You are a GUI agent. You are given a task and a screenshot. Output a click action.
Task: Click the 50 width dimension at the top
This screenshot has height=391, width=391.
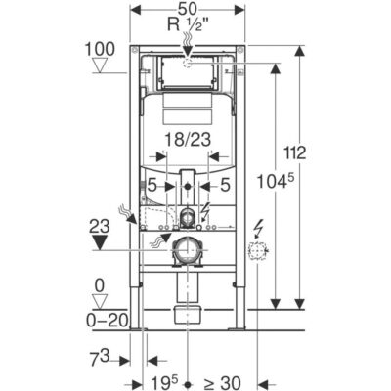coord(188,9)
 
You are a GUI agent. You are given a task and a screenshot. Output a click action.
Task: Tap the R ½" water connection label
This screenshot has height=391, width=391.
coord(188,24)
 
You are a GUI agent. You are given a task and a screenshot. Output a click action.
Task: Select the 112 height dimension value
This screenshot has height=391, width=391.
coord(295,152)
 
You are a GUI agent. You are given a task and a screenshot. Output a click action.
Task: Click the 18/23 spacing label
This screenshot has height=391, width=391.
coord(188,140)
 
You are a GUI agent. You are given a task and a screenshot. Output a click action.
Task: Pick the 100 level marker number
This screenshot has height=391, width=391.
coord(100,49)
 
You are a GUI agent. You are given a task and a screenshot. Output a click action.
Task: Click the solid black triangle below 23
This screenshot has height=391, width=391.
coord(101,242)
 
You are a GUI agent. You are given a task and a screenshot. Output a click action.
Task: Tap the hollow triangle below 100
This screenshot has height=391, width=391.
coord(100,65)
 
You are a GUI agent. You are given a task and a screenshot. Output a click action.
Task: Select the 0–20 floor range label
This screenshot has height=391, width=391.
coord(107,321)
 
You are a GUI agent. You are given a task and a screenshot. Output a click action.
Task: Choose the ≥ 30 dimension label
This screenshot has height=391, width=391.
coord(223,382)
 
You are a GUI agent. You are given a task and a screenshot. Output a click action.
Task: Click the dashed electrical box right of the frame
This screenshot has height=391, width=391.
coord(257,251)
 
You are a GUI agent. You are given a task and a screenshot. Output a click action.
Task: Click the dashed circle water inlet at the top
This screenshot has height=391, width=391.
coord(188,63)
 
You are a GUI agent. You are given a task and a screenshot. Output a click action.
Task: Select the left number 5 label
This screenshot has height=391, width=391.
coord(152,186)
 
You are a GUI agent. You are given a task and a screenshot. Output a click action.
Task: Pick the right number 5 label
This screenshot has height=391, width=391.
coord(225,186)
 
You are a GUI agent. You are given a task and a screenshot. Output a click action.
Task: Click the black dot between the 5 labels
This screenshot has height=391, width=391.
coord(188,187)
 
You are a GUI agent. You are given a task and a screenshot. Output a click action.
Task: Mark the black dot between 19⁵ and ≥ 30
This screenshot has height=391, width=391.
coord(188,383)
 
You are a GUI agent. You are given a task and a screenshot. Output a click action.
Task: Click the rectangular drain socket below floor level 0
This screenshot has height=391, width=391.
coord(187,315)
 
